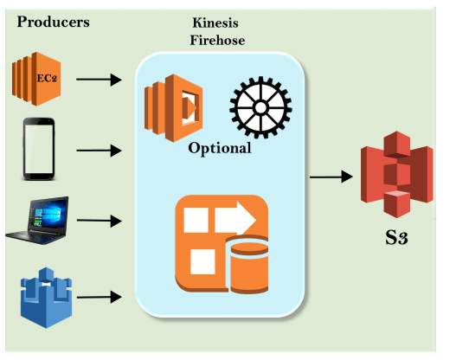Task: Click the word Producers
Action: [54, 22]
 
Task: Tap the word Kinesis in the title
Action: [215, 22]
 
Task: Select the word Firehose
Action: [217, 40]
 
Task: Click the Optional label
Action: [220, 148]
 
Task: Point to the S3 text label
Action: [396, 237]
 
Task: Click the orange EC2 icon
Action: [36, 79]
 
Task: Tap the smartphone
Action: [39, 149]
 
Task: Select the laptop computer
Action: [37, 220]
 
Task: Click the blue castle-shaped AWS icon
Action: [46, 298]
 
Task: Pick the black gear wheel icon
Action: [260, 107]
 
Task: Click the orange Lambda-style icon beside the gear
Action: [174, 108]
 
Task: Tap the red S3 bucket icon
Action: [397, 175]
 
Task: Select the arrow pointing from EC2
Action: [99, 80]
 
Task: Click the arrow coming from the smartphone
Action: [99, 151]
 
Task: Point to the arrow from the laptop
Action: [99, 221]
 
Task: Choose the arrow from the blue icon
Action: [99, 297]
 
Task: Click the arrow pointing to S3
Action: [331, 177]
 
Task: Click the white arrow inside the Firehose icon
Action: [235, 218]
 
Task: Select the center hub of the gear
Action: [260, 108]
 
